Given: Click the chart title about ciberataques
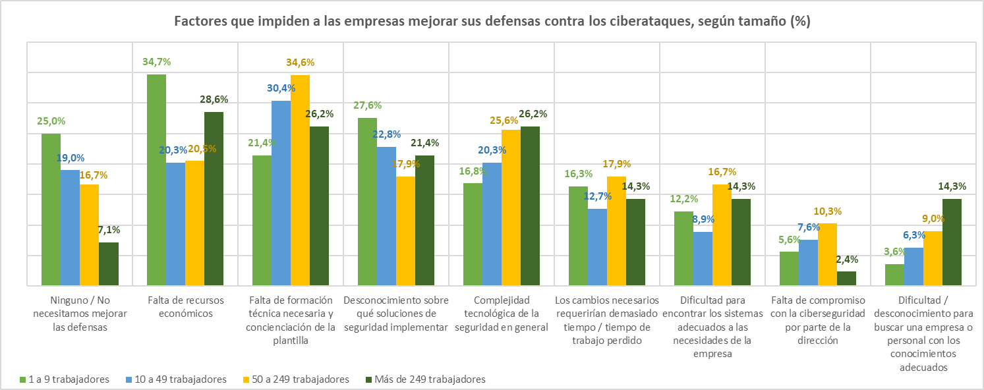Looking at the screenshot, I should click(x=492, y=21).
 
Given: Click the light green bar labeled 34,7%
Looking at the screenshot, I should click(x=156, y=180).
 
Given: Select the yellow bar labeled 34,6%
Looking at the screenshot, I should click(x=300, y=180).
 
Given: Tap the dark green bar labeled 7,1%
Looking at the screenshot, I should click(x=109, y=264).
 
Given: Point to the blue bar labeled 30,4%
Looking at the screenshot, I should click(x=281, y=193).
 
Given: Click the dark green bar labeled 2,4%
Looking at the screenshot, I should click(x=847, y=279).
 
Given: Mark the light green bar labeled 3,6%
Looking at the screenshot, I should click(x=894, y=275).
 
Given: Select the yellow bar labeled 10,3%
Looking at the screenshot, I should click(x=827, y=254).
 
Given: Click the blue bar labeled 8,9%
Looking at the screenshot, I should click(x=703, y=258).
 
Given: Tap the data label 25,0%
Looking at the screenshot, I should click(x=51, y=121).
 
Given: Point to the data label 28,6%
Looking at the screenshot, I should click(x=214, y=99).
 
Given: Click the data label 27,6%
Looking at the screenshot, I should click(x=367, y=105).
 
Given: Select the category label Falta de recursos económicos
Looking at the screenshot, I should click(x=185, y=307).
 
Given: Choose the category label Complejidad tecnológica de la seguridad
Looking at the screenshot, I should click(x=502, y=314).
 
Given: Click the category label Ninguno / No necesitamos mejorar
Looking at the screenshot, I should click(x=80, y=314).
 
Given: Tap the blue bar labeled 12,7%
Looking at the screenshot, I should click(x=597, y=247).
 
